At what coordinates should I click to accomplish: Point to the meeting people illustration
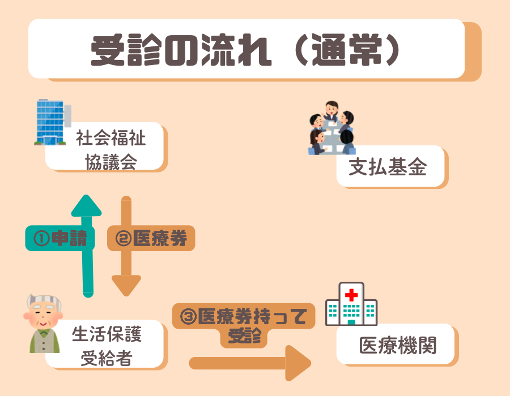pyautogui.click(x=331, y=129)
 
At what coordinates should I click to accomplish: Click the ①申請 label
pyautogui.click(x=59, y=239)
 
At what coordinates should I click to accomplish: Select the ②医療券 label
pyautogui.click(x=151, y=239)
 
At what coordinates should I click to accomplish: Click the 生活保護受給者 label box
pyautogui.click(x=108, y=344)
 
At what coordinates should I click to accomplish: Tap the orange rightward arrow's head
pyautogui.click(x=297, y=363)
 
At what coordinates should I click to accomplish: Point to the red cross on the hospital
pyautogui.click(x=352, y=295)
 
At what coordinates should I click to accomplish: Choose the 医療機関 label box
pyautogui.click(x=397, y=345)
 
